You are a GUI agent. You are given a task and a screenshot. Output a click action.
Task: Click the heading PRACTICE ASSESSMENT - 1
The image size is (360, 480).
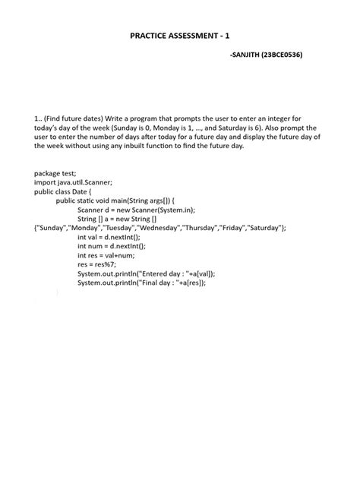point(180,35)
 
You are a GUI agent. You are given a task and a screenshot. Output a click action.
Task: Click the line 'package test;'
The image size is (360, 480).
point(55,173)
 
